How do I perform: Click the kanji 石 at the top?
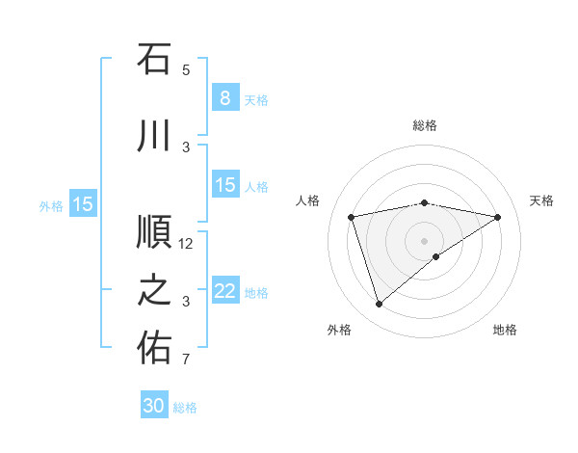coord(154,60)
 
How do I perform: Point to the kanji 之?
coord(154,290)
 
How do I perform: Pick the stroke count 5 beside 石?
coord(186,70)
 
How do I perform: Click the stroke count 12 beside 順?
coord(187,244)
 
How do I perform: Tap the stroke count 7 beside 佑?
coord(186,360)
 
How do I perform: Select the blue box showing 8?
coord(224,97)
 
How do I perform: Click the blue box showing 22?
coord(224,291)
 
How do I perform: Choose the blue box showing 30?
coord(154,406)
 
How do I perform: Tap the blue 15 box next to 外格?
coord(83,203)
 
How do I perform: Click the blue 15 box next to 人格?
coord(224,185)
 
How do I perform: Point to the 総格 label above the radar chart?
coord(425,125)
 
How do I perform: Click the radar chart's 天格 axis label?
coord(542,200)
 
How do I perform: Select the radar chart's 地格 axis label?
coord(505,330)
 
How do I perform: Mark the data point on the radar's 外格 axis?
coord(379,305)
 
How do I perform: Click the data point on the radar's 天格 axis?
coord(498,217)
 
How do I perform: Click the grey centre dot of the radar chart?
coord(425,240)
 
